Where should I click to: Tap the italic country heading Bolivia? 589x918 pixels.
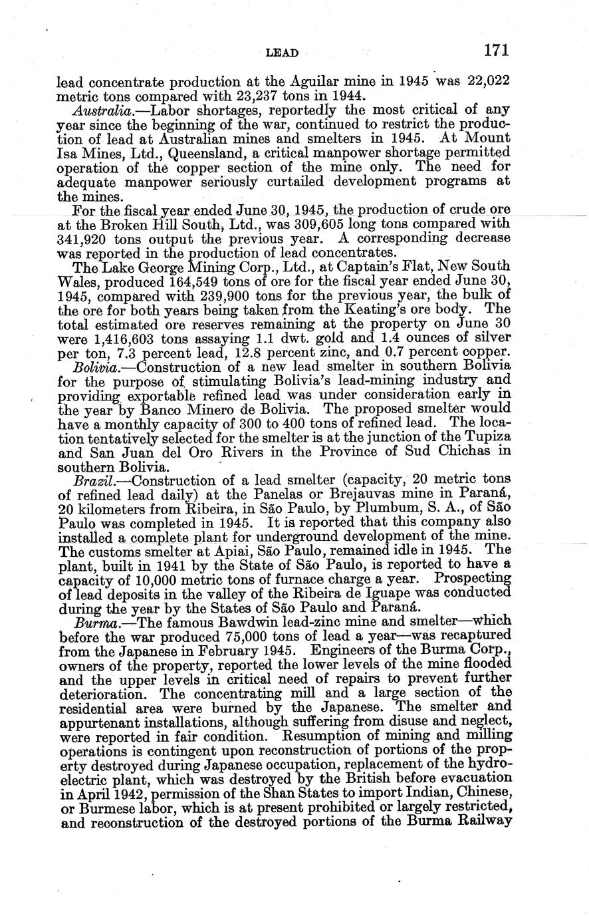[x=94, y=367]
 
